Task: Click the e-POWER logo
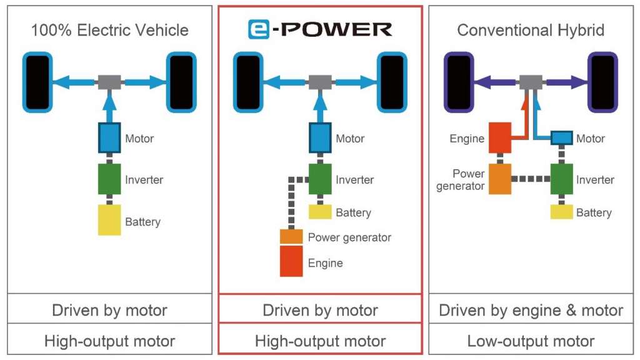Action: [x=319, y=29]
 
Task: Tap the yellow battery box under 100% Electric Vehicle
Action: [x=109, y=220]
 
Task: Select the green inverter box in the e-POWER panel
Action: [x=320, y=179]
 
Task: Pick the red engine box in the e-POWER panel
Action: [x=291, y=261]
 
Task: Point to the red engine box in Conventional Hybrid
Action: [x=500, y=138]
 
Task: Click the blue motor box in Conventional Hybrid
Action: [x=561, y=137]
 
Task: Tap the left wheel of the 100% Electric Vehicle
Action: [x=37, y=82]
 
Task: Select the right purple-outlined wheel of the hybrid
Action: [x=602, y=82]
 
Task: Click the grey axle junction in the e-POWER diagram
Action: [x=320, y=82]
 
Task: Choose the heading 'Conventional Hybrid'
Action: [x=531, y=30]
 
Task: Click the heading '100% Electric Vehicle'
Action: [x=109, y=30]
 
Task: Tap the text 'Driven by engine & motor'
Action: [x=531, y=310]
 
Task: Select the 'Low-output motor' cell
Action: [x=531, y=341]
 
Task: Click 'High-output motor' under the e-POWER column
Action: [x=320, y=341]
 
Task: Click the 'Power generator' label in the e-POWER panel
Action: [x=349, y=237]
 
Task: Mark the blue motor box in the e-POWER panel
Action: [x=320, y=137]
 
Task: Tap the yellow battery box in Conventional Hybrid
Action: [x=561, y=212]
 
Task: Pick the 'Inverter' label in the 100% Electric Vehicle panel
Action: [x=144, y=180]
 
